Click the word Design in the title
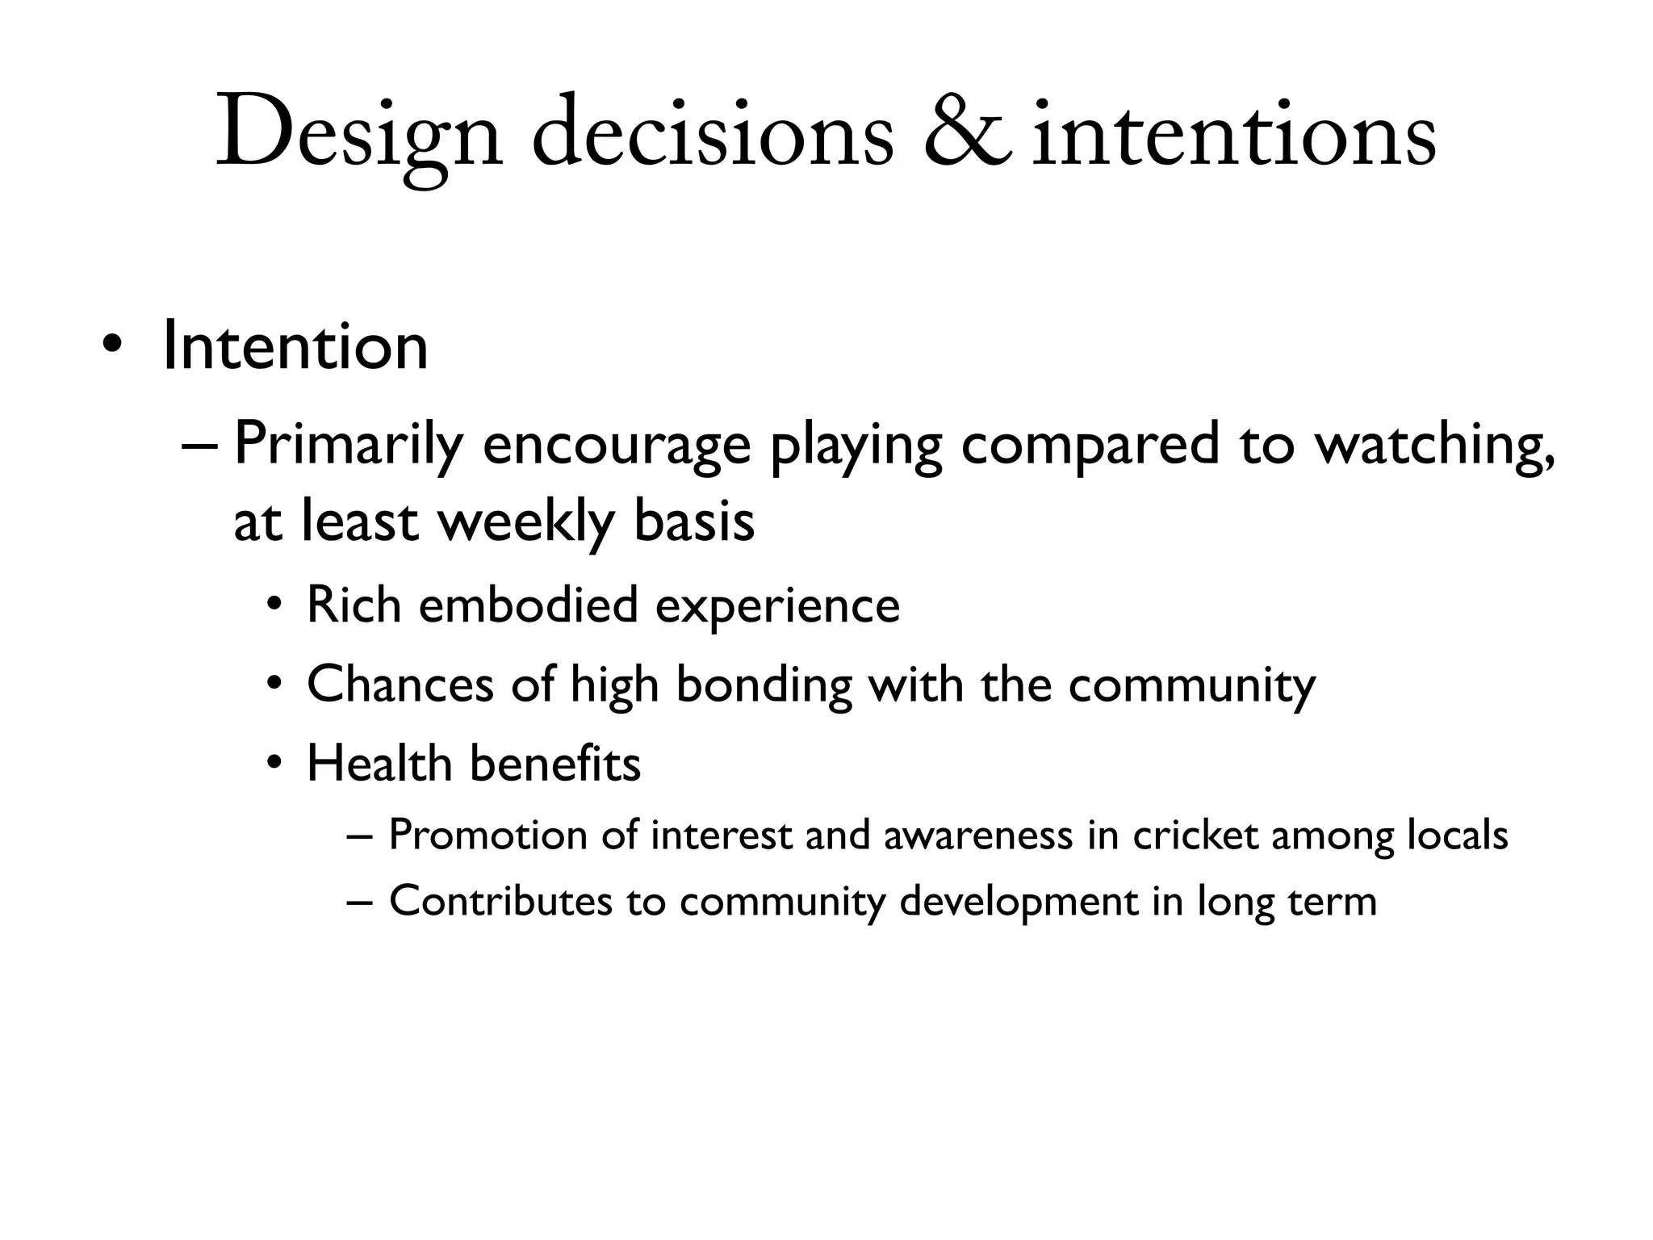click(359, 133)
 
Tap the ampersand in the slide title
click(967, 133)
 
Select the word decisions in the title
click(713, 133)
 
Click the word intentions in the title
click(1234, 133)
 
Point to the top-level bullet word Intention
click(295, 347)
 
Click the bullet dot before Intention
click(112, 347)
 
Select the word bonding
click(764, 685)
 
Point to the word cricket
click(1195, 836)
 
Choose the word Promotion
click(488, 836)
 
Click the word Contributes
click(500, 902)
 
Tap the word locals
click(1457, 836)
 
